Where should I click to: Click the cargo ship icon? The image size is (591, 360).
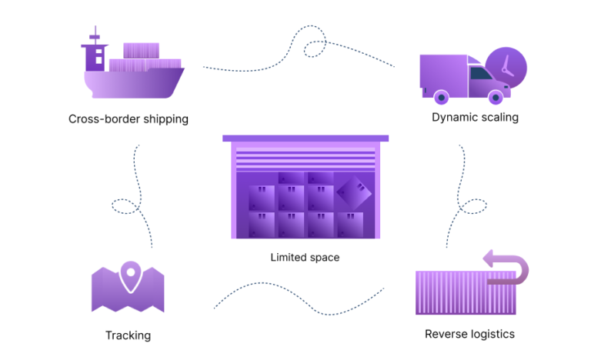pos(132,71)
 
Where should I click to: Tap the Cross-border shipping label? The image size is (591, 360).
pos(128,119)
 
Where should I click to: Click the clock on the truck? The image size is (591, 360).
pos(506,66)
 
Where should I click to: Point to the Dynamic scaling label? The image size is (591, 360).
pos(475,118)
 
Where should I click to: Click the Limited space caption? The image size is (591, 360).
pos(305,257)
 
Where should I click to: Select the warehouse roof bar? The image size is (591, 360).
pos(306,138)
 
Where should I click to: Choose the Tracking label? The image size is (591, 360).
pos(128,335)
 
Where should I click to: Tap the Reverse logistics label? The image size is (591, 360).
pos(469,334)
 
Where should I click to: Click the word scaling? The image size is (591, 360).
pos(498,118)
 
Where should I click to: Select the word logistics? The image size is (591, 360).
pos(489,334)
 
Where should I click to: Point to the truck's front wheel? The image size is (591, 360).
pos(497,97)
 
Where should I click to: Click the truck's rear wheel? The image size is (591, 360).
pos(441,97)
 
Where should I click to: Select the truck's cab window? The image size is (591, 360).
pos(482,75)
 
